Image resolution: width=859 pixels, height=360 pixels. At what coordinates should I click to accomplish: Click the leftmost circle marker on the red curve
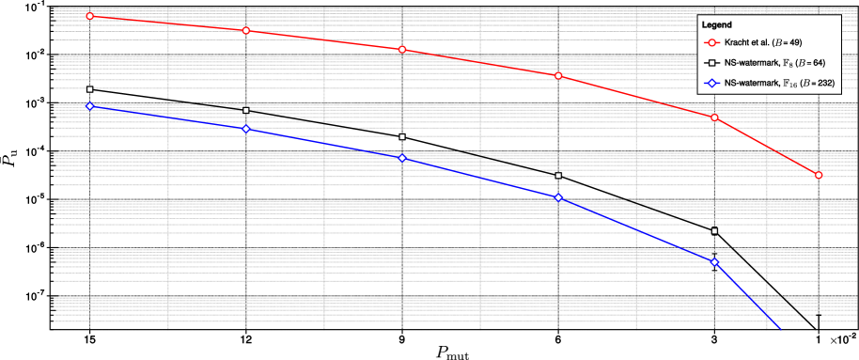click(89, 16)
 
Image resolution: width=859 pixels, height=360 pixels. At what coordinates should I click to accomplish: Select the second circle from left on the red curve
click(246, 31)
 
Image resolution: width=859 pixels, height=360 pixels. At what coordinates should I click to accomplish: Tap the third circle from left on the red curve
click(402, 50)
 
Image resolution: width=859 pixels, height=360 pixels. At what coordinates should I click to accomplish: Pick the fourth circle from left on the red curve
click(558, 75)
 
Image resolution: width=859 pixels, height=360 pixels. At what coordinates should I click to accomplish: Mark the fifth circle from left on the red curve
click(715, 117)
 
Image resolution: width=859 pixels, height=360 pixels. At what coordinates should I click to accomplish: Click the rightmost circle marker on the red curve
click(819, 175)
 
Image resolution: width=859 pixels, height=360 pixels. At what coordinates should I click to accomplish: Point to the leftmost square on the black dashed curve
click(89, 89)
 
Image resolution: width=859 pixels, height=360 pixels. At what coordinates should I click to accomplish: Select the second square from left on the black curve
click(246, 111)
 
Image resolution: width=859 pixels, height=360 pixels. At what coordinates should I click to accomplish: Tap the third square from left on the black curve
click(402, 137)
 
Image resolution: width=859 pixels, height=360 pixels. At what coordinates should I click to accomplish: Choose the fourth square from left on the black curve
click(558, 176)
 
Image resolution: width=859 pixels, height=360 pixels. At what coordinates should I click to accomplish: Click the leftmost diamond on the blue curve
click(89, 106)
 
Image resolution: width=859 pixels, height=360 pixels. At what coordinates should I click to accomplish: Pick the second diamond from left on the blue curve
click(246, 129)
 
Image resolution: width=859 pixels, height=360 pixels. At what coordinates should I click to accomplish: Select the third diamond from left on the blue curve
click(402, 158)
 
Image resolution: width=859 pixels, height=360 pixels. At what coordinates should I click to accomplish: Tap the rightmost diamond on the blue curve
click(715, 262)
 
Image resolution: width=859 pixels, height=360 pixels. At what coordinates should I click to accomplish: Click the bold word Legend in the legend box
click(717, 24)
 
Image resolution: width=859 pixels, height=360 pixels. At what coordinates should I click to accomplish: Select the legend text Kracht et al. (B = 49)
click(763, 43)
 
